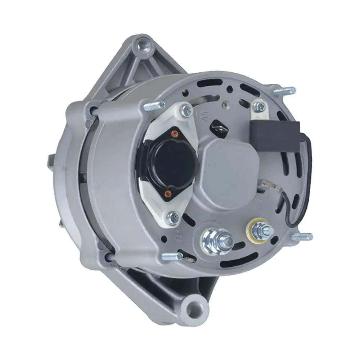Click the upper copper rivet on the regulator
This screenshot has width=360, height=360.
coord(175,134)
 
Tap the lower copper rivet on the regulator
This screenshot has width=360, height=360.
coord(167,195)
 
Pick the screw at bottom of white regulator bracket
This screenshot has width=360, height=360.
coord(174,217)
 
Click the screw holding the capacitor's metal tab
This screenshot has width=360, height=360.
coord(258,106)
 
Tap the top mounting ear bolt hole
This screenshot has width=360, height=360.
coord(145,46)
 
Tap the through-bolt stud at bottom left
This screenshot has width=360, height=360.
coord(172,256)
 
